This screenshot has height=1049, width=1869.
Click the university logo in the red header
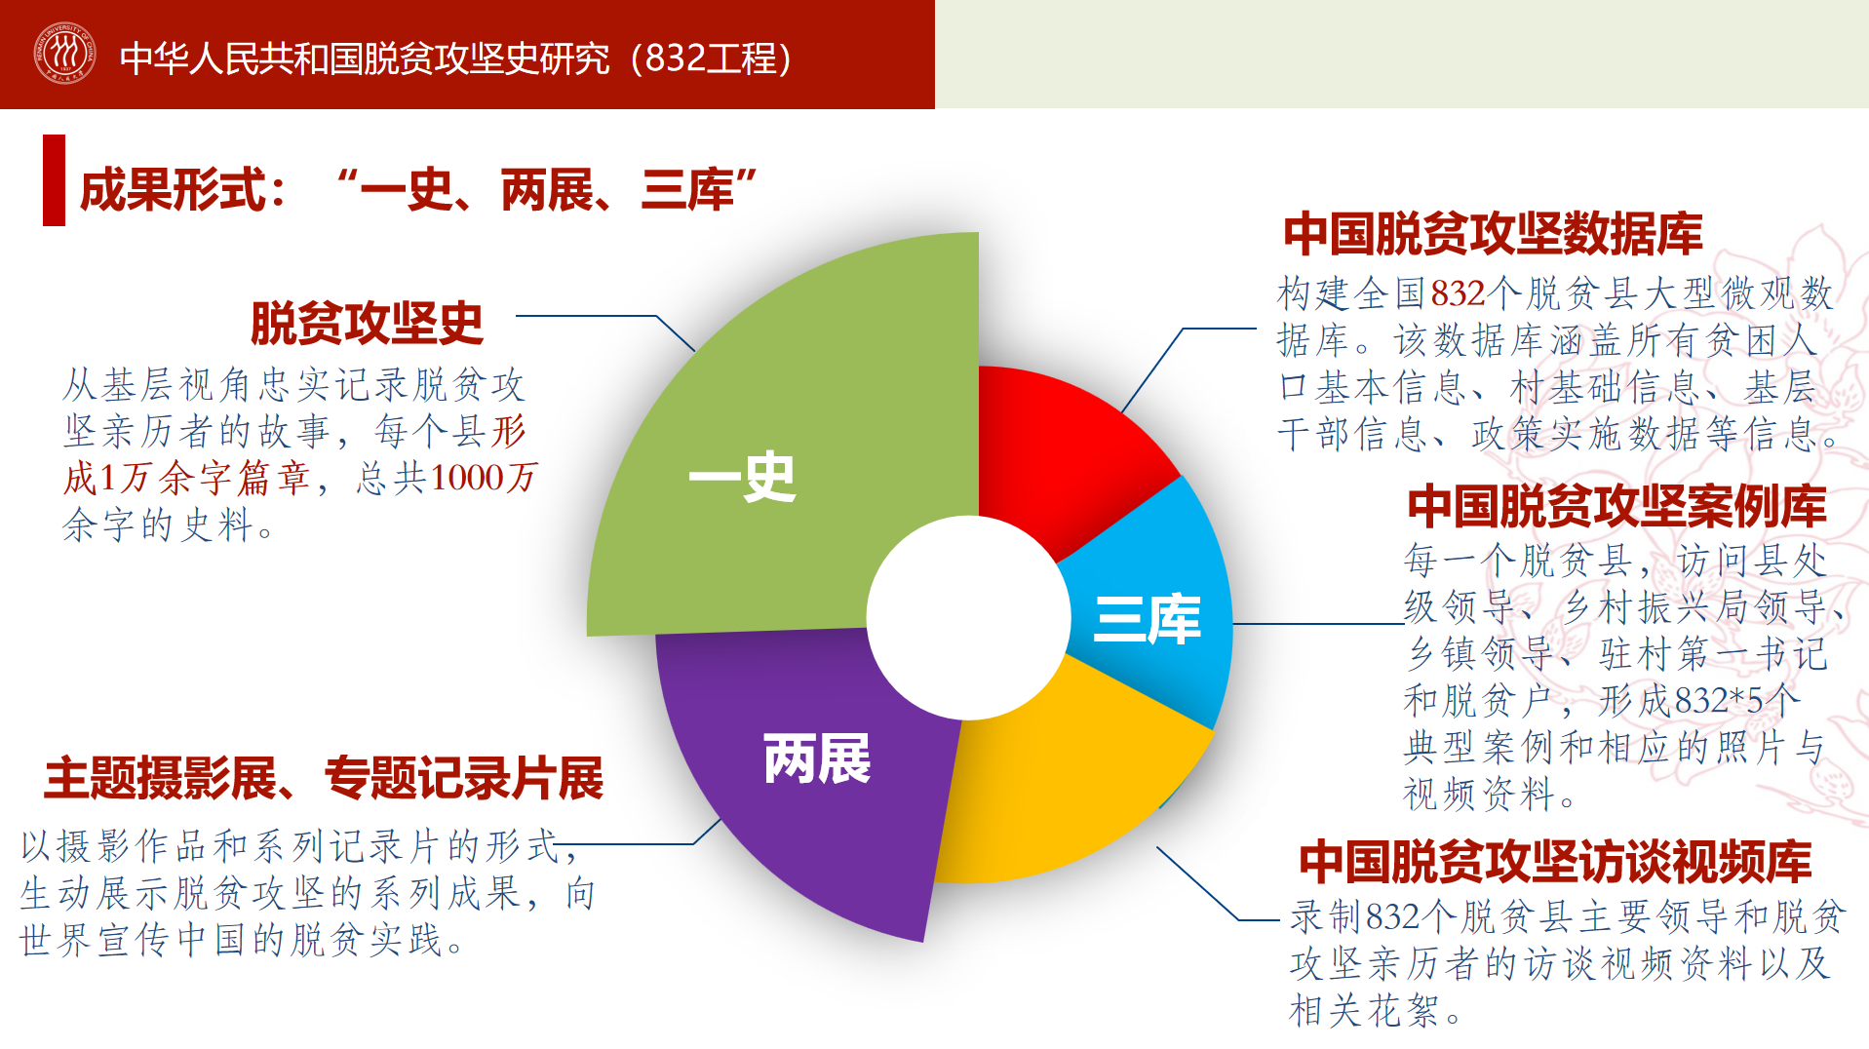(x=64, y=53)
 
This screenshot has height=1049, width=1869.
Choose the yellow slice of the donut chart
(x=1063, y=780)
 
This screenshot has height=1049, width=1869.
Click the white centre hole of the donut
(x=969, y=618)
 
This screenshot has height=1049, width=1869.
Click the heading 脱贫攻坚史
(x=367, y=324)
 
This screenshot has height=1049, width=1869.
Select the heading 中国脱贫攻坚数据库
(x=1493, y=234)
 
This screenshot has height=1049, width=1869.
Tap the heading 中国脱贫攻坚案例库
(x=1616, y=506)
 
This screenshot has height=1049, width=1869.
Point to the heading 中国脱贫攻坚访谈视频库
(x=1555, y=862)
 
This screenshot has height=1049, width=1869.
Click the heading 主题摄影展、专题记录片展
(x=324, y=779)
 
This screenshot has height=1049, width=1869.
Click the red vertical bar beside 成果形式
(x=54, y=180)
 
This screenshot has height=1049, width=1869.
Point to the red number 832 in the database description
(x=1458, y=292)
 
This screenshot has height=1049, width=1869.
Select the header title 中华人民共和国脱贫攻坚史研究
(x=366, y=58)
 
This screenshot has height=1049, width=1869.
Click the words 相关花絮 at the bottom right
(x=1364, y=1011)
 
